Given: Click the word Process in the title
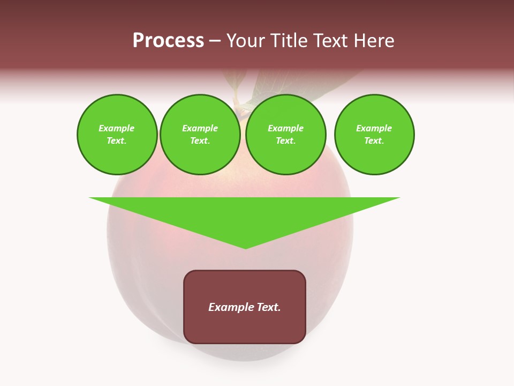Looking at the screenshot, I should coord(168,41).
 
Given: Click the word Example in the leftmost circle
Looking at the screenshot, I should coord(117,128).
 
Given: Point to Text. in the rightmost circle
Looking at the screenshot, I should coord(374,140).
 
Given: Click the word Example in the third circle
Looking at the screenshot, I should coord(286,128).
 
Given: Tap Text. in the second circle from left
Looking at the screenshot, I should coord(200,140).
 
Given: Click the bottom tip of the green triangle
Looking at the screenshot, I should coord(246,248).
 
